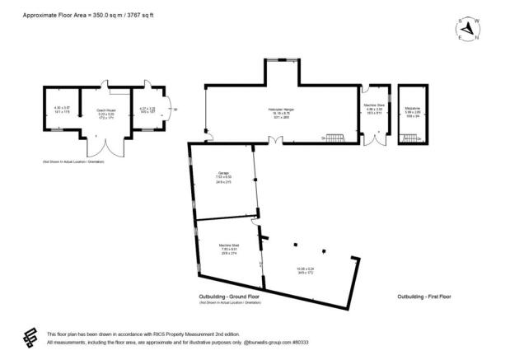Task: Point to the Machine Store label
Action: coord(375,105)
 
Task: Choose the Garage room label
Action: coord(223,172)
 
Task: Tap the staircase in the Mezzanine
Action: coord(409,138)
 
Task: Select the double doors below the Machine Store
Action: coord(376,141)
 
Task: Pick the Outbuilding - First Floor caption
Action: coord(423,297)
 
